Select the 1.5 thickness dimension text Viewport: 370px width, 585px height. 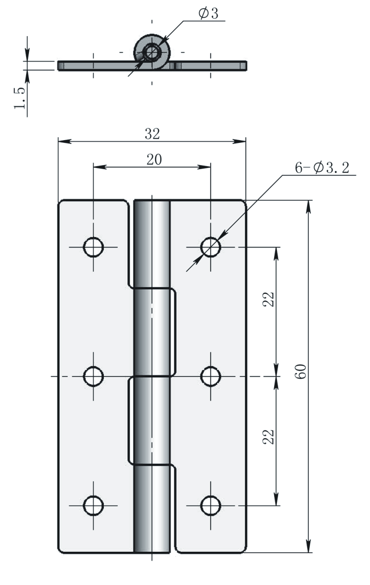click(20, 97)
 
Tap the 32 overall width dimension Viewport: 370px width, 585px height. click(152, 134)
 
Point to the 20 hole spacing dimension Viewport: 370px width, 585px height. click(154, 160)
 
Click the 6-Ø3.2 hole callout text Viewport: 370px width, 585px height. click(322, 168)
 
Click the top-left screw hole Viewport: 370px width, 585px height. click(93, 247)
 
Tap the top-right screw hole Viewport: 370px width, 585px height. click(210, 247)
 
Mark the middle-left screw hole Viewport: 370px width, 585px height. click(93, 376)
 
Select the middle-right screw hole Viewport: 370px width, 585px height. click(210, 376)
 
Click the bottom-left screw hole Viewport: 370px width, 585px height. click(93, 505)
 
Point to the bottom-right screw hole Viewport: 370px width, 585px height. click(210, 505)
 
